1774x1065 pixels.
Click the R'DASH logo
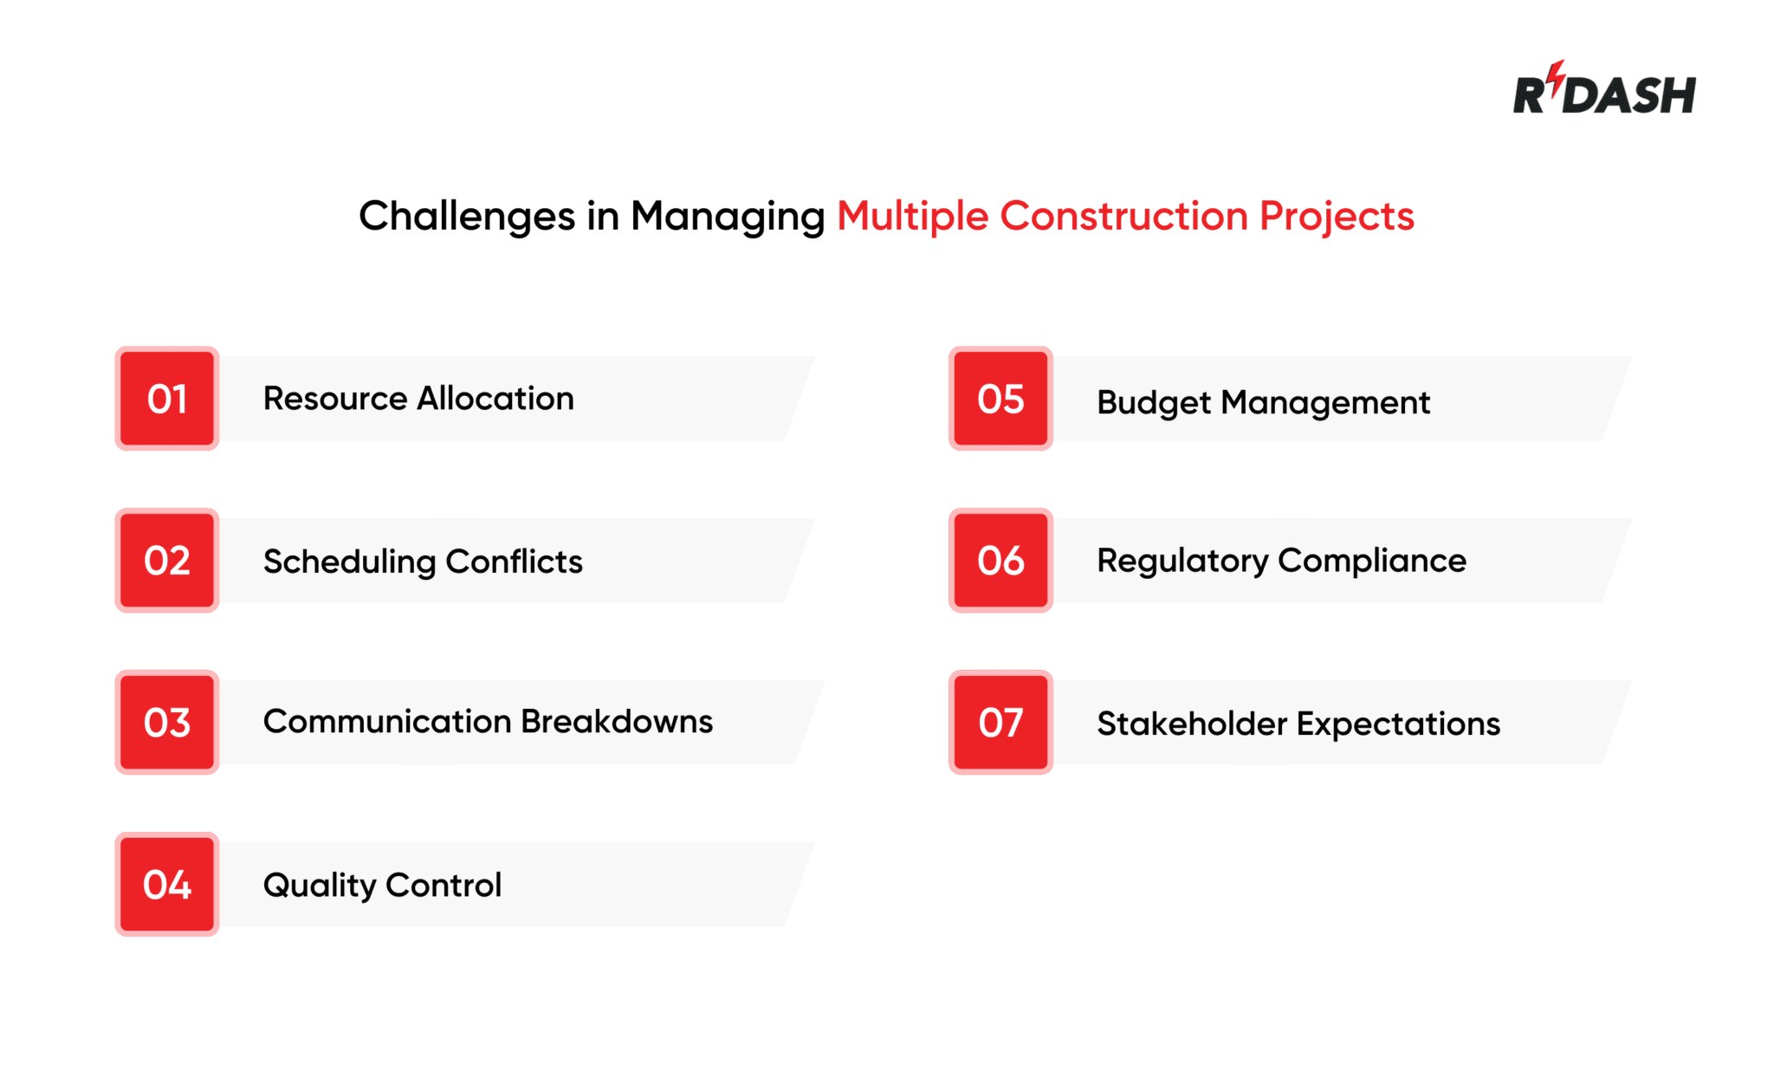pos(1603,91)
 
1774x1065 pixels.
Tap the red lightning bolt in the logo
pos(1557,78)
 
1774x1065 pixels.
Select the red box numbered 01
pos(167,399)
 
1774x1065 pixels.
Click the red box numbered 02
pos(167,561)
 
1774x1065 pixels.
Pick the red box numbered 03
pos(167,722)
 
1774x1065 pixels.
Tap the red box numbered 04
pos(167,884)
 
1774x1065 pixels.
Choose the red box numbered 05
pos(1000,399)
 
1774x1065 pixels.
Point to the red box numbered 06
pos(1000,561)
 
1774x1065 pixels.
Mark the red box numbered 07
pos(1000,722)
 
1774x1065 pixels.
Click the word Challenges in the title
pos(467,216)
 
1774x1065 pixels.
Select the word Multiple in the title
pos(912,216)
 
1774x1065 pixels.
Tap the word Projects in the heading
pos(1336,216)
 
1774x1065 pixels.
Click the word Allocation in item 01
pos(495,399)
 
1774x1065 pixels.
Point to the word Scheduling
pos(349,562)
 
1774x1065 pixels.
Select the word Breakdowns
pos(617,721)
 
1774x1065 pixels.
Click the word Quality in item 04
pos(319,885)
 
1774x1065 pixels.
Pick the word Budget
pos(1154,403)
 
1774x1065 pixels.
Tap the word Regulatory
pos(1182,561)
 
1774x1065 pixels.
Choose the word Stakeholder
pos(1192,724)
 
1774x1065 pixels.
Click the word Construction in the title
pos(1123,216)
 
